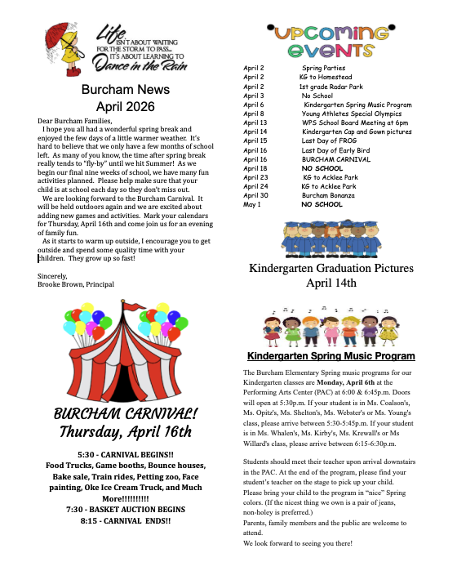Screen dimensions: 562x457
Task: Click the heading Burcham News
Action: (119, 90)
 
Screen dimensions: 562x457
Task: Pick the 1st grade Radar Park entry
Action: (331, 87)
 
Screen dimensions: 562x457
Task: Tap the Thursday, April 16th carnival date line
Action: (122, 430)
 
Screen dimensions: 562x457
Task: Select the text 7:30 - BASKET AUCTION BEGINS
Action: (122, 509)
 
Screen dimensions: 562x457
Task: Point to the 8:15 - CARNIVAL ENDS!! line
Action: (122, 520)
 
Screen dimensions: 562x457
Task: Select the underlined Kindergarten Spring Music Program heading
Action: (331, 356)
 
